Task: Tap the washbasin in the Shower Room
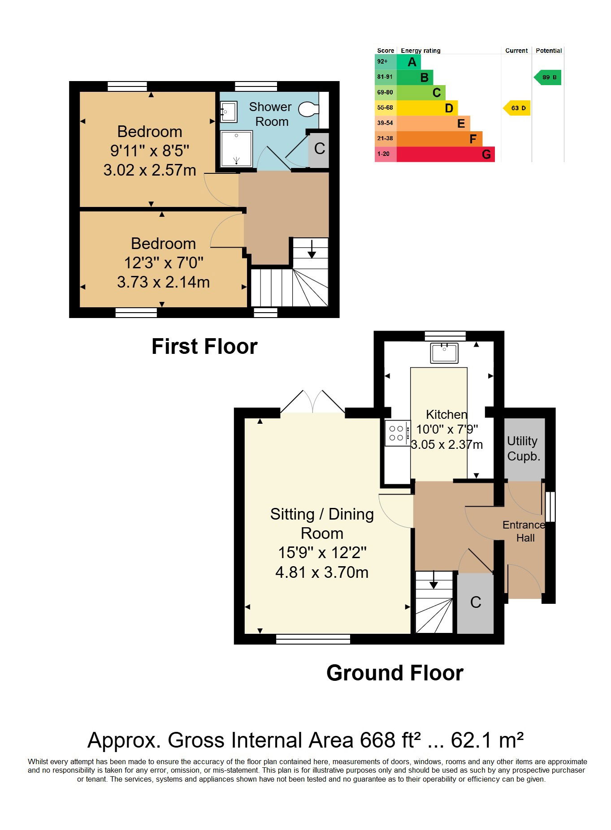[x=229, y=112]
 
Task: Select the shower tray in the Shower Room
[x=237, y=148]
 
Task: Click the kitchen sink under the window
[x=444, y=353]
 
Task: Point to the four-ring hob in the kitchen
[x=397, y=433]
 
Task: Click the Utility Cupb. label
[x=523, y=449]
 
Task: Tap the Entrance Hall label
[x=524, y=531]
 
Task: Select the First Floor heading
[x=204, y=347]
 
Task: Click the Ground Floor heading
[x=394, y=673]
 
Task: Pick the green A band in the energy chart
[x=409, y=62]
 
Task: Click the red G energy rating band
[x=446, y=154]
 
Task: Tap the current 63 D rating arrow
[x=517, y=108]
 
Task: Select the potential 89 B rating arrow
[x=547, y=77]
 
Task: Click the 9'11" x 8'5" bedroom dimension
[x=150, y=151]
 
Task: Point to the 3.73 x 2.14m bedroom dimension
[x=163, y=282]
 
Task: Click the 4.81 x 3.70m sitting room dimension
[x=322, y=572]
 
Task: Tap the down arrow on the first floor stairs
[x=312, y=249]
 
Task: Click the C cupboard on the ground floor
[x=475, y=603]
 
